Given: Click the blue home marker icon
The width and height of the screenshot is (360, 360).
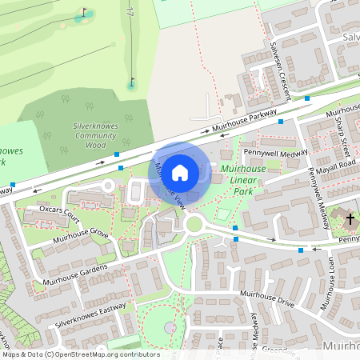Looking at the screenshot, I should pos(180,172).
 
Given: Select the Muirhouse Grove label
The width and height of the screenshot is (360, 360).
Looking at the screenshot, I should pos(80,234).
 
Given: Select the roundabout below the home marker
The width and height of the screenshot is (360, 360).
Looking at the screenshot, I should pos(193,223).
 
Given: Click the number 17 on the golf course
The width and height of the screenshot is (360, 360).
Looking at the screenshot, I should pos(130,14).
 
